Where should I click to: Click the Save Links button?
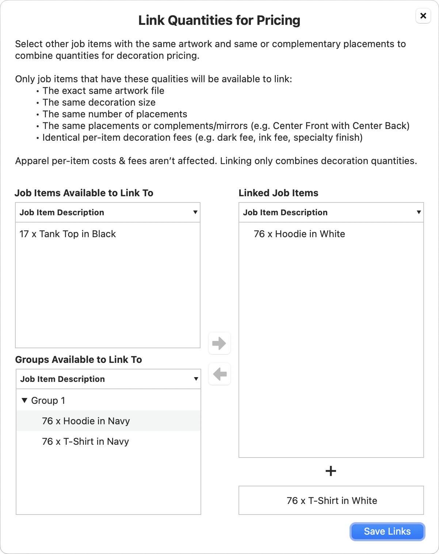pyautogui.click(x=387, y=531)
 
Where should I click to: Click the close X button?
pyautogui.click(x=423, y=16)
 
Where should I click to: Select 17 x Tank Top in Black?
pyautogui.click(x=68, y=234)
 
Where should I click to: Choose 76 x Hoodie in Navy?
pyautogui.click(x=86, y=421)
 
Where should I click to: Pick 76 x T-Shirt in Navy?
pyautogui.click(x=85, y=441)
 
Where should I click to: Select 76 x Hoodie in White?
pyautogui.click(x=299, y=234)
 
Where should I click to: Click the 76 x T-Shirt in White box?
pyautogui.click(x=331, y=501)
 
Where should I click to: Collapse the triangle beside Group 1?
pyautogui.click(x=24, y=401)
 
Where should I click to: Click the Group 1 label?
pyautogui.click(x=48, y=401)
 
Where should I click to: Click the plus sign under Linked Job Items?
pyautogui.click(x=331, y=471)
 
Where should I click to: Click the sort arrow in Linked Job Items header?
pyautogui.click(x=419, y=212)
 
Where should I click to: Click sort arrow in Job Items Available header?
pyautogui.click(x=195, y=212)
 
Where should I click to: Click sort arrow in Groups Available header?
pyautogui.click(x=196, y=379)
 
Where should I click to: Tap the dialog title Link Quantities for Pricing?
pyautogui.click(x=219, y=20)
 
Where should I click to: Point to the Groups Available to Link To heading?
pyautogui.click(x=79, y=360)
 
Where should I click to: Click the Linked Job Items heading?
pyautogui.click(x=278, y=193)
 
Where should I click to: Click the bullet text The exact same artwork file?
pyautogui.click(x=103, y=91)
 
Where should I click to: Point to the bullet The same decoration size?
pyautogui.click(x=99, y=102)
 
